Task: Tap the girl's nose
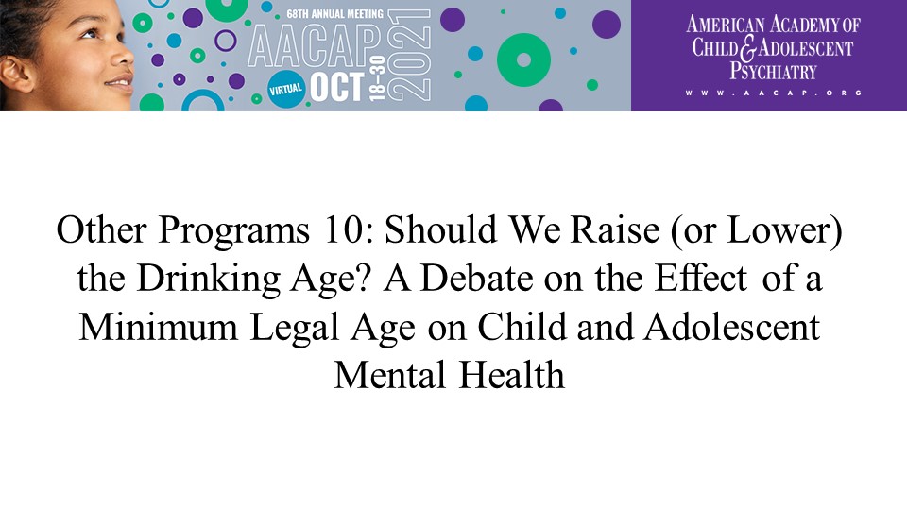pos(122,56)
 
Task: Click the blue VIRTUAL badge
pos(286,89)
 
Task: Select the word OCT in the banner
pos(336,88)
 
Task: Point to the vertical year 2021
pos(408,56)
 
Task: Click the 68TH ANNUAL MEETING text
pos(334,13)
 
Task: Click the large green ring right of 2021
pos(523,60)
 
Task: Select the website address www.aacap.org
pos(774,93)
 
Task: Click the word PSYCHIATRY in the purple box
pos(773,71)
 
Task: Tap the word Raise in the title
pos(614,229)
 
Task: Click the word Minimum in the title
pos(158,328)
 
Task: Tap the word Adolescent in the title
pos(731,328)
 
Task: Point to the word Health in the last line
pos(512,375)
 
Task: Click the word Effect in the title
pos(700,278)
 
